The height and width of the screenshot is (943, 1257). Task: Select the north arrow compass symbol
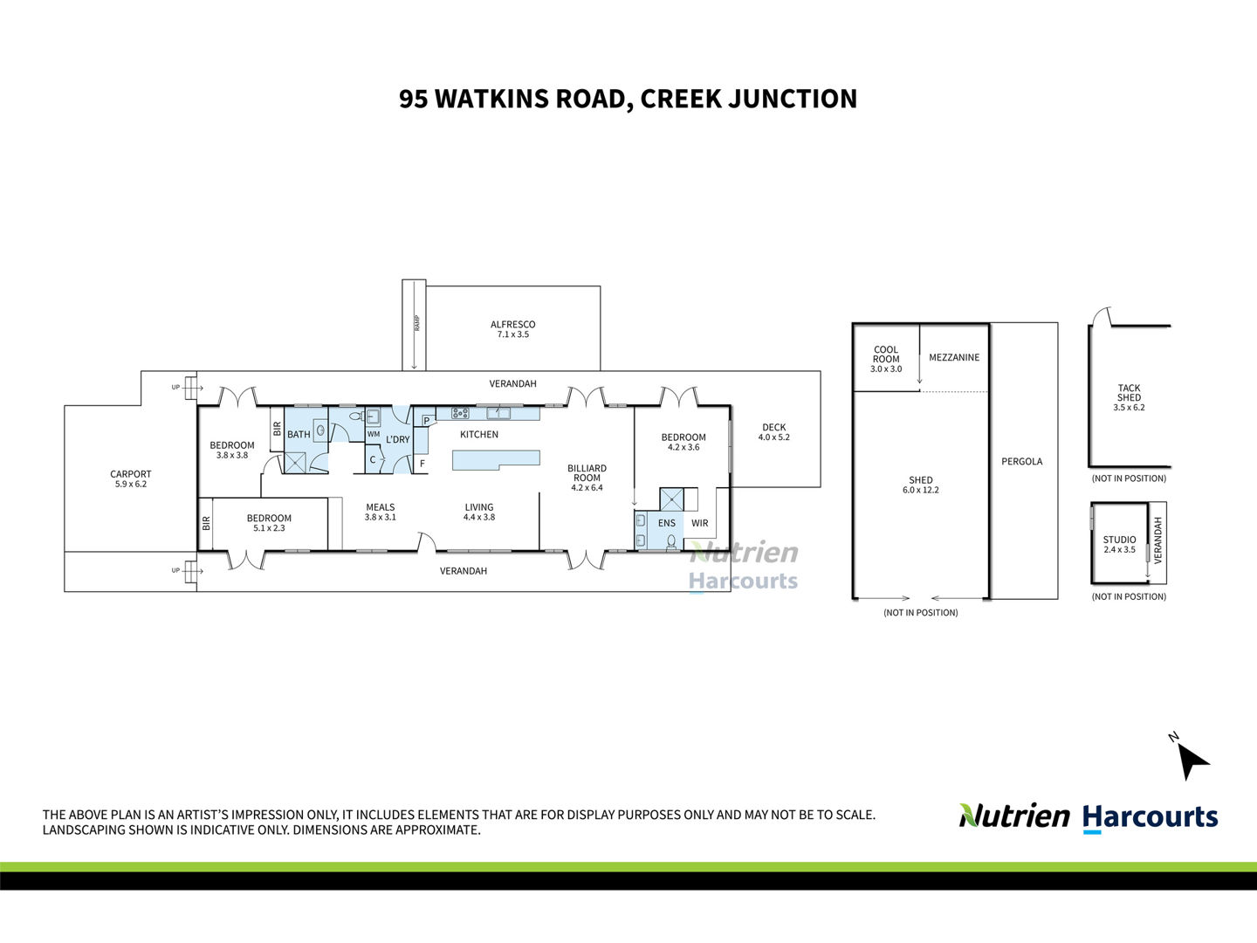1192,760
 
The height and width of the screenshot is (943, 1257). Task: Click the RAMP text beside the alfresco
417,323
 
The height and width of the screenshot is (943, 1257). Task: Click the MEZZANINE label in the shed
954,357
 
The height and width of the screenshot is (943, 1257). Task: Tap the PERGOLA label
1021,462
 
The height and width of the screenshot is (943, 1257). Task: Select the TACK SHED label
1129,393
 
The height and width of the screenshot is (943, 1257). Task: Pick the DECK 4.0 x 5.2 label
773,431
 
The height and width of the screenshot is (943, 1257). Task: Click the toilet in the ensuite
672,542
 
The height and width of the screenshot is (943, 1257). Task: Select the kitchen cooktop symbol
460,412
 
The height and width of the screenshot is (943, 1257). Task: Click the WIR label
700,523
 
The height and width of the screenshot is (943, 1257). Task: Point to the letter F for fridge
422,464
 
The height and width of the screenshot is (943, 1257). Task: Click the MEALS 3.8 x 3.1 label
381,512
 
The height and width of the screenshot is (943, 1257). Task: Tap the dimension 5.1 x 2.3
269,528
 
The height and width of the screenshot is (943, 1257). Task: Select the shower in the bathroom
295,463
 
